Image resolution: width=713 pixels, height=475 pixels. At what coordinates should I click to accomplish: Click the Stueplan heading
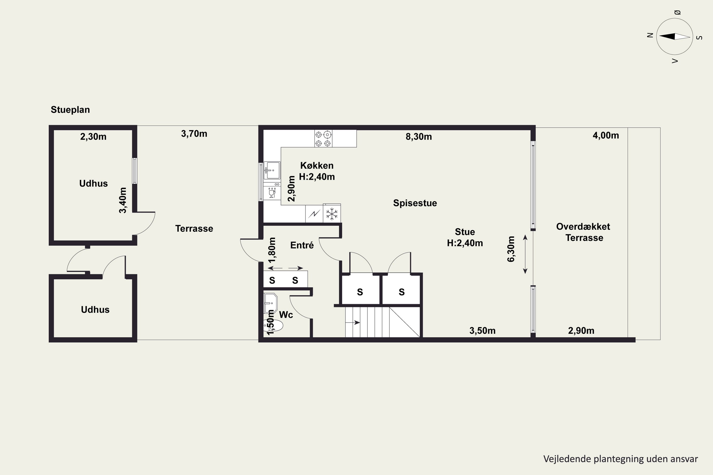coord(70,110)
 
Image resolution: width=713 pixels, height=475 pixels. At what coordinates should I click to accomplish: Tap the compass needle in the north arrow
coord(674,36)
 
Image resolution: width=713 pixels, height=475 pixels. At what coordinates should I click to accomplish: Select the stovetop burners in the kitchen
coord(323,138)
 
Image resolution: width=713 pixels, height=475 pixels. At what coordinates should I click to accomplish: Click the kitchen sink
coord(272,170)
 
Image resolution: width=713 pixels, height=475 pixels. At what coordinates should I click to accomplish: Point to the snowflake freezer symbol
coord(332,214)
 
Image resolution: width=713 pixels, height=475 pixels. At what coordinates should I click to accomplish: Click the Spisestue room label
coord(415,203)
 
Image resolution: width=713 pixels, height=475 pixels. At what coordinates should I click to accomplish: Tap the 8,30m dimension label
coord(419,137)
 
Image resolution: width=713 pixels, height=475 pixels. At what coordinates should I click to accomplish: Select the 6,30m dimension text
coord(511,249)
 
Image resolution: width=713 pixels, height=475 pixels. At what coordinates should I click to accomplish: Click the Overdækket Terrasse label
coord(583,232)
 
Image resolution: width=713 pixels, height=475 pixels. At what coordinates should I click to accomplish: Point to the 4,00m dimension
coord(606,135)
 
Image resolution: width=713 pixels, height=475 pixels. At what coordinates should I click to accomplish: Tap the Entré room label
coord(302,245)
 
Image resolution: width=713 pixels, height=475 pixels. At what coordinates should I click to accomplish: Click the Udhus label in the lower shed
coord(95,310)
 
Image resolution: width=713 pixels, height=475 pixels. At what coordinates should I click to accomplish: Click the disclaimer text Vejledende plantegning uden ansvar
coord(621,459)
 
